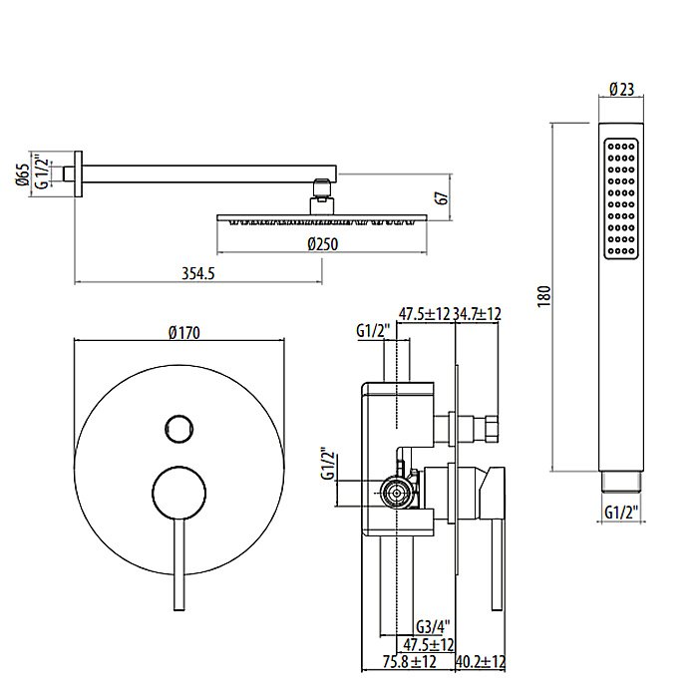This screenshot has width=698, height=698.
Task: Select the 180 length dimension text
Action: point(543,298)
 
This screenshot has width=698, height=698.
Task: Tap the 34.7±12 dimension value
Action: point(477,313)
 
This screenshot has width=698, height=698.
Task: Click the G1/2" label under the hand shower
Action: point(622,514)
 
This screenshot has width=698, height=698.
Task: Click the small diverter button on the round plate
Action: point(177,429)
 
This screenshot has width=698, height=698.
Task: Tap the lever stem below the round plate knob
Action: point(178,568)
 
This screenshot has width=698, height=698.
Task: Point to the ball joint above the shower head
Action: point(320,190)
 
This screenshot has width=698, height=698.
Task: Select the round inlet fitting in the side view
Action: point(395,490)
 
